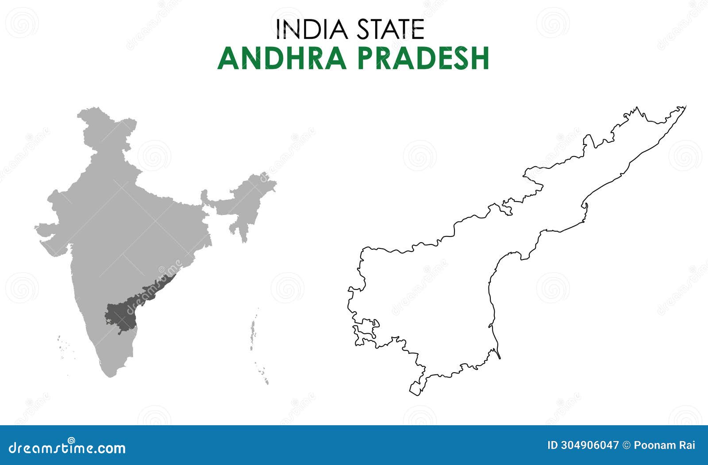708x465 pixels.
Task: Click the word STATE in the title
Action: coord(390,30)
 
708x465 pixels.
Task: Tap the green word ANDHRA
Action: coord(282,58)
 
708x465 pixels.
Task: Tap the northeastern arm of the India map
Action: coord(248,194)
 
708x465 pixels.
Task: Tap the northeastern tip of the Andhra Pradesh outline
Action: coord(684,107)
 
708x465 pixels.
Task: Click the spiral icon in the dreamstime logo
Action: coord(70,440)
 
